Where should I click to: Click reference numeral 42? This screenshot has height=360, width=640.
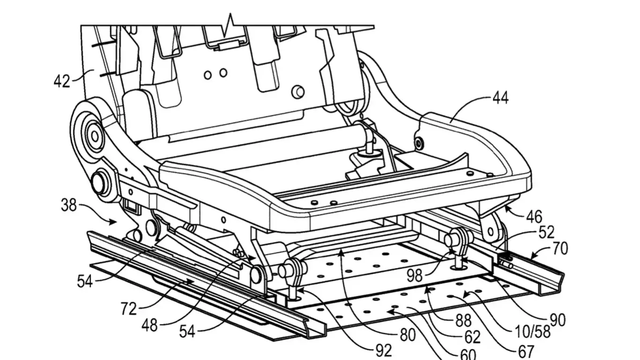pos(61,81)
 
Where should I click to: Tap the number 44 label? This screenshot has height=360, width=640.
pos(500,98)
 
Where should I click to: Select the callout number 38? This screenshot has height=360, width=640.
pos(69,205)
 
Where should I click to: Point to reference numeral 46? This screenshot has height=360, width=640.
pos(534,217)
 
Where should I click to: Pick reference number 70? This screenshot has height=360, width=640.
pos(560,248)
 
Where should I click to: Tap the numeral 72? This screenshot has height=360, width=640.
pos(128,309)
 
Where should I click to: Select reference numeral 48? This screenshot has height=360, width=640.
pos(149,325)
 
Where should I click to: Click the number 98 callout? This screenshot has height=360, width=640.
pos(415,276)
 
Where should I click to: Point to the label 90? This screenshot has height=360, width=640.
pos(558,320)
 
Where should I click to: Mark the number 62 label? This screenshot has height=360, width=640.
pos(472,337)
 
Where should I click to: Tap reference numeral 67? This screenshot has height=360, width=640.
pos(526,351)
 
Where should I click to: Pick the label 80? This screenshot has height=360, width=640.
pos(408,335)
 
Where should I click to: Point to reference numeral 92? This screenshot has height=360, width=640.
pos(383,350)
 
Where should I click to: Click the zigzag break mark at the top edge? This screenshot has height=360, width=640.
pos(229,24)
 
